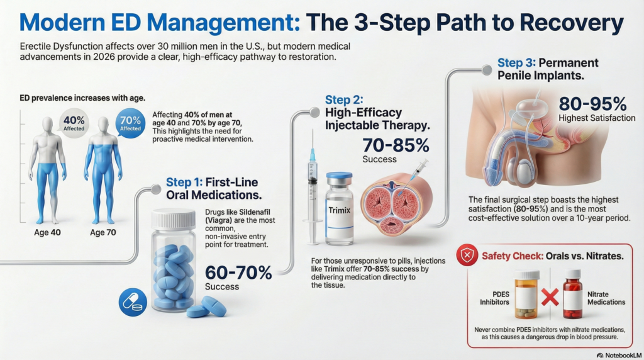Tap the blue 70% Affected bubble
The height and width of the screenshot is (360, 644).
(130, 122)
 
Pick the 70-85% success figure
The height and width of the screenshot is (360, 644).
(396, 146)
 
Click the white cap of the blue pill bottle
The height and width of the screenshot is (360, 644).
(174, 219)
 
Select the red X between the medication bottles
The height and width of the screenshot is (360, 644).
(550, 296)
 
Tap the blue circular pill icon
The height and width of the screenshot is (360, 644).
(133, 303)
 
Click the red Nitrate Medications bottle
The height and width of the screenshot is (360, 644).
(572, 294)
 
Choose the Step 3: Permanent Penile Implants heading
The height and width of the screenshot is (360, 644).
(547, 70)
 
